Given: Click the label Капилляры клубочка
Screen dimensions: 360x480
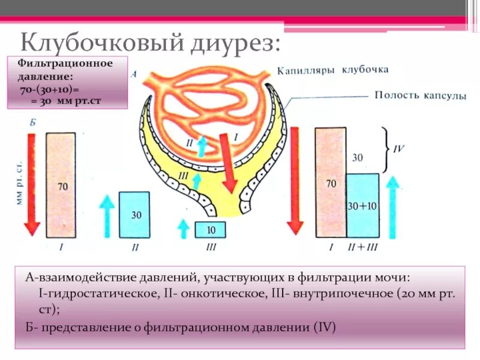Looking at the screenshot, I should (x=333, y=70).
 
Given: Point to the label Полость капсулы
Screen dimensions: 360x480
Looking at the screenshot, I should (x=421, y=95).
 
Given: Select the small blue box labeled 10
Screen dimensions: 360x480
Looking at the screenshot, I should (x=210, y=230).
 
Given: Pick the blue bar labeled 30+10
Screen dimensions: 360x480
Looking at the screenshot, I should (x=363, y=206).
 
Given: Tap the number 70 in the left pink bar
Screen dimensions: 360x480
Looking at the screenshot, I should (x=62, y=187).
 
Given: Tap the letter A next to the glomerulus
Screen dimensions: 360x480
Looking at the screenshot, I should (x=134, y=74).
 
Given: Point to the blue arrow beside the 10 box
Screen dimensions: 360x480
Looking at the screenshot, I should (x=184, y=230).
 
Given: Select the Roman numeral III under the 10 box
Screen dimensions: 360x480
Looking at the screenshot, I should (x=210, y=247).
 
